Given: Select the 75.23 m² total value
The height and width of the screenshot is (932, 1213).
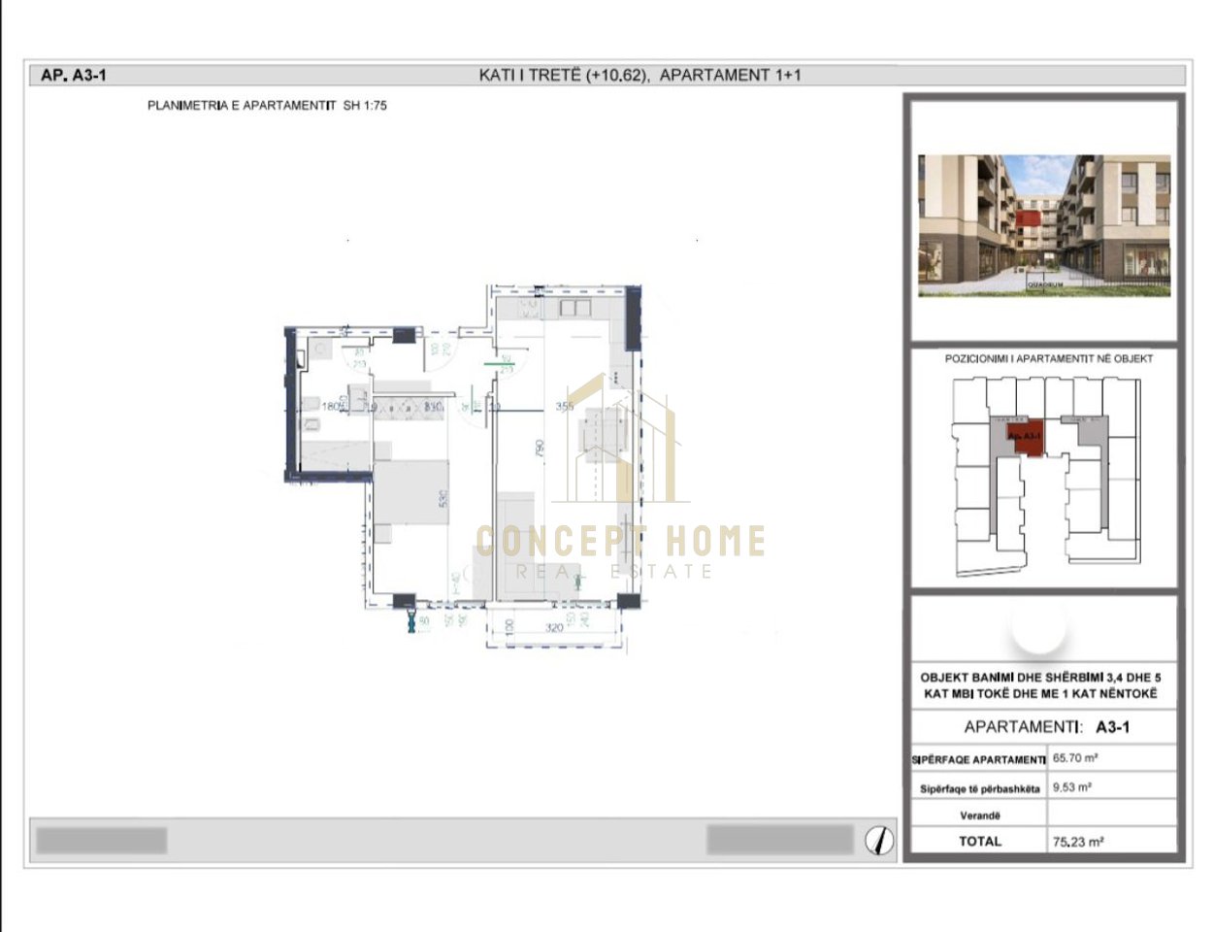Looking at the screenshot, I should [1077, 842].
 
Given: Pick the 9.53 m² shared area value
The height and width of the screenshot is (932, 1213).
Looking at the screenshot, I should [1071, 787].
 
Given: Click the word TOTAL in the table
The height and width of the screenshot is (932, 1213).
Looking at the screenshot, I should [979, 842].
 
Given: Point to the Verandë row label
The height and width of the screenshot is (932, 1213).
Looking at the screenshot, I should [979, 815].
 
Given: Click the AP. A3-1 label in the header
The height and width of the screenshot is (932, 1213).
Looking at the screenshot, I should [74, 75].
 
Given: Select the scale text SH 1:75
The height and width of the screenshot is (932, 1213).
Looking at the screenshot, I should [365, 105].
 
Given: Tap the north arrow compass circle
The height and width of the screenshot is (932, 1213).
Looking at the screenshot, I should [879, 840].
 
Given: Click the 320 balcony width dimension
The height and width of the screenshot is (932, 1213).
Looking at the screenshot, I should [553, 628].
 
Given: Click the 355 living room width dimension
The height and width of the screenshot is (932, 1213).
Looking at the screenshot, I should [565, 407].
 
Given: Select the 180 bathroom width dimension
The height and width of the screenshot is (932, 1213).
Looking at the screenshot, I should [333, 407].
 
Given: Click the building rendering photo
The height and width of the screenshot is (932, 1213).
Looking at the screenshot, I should [1044, 225].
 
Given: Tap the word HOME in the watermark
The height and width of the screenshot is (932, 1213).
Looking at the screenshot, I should [713, 542].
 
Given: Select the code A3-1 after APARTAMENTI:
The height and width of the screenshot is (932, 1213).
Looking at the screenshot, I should [1112, 726].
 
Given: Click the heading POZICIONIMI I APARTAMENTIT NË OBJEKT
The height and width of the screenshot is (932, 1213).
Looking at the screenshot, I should [1048, 358].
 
